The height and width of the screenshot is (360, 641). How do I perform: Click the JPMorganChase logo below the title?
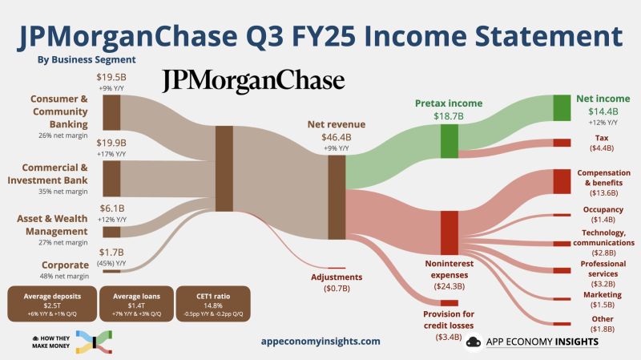click(x=254, y=81)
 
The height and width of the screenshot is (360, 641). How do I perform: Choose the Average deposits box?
click(x=48, y=303)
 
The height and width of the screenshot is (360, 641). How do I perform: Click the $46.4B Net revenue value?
click(x=337, y=137)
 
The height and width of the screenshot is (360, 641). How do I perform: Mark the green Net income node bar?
click(x=562, y=107)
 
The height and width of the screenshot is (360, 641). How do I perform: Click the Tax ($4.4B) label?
click(x=596, y=143)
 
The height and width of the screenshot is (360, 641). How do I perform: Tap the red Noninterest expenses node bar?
click(x=449, y=233)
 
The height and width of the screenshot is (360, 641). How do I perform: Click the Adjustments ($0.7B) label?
click(x=337, y=282)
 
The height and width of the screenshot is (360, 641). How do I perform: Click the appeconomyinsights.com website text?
click(x=320, y=341)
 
